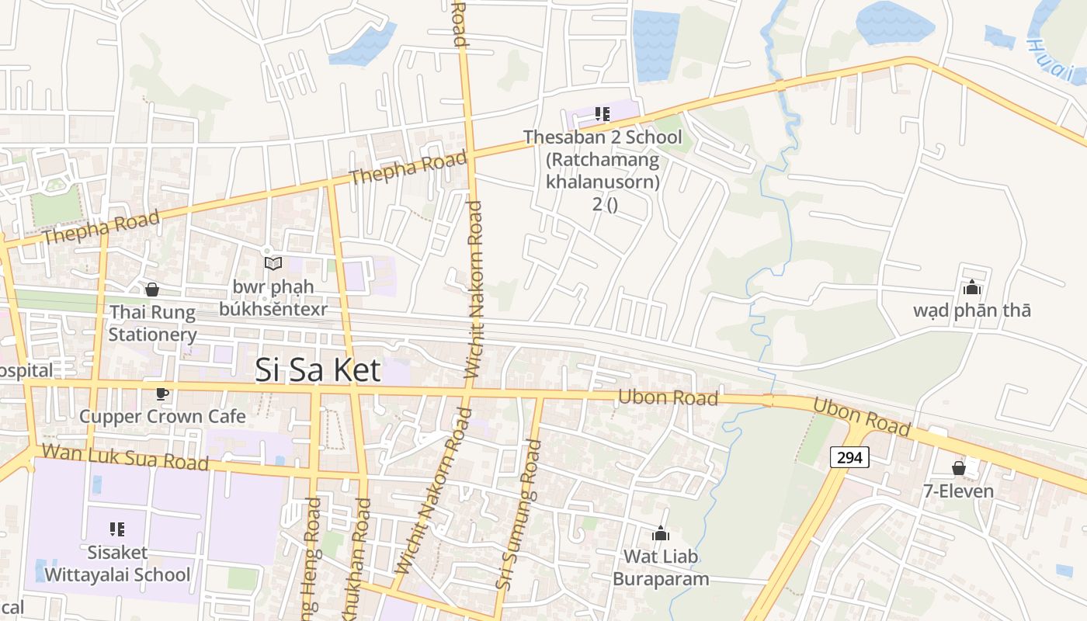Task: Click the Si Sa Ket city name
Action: [318, 370]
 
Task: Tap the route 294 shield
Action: [849, 458]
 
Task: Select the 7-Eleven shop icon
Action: [959, 468]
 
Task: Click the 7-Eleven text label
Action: [958, 491]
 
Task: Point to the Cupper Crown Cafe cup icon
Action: [161, 394]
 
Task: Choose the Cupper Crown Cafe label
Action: [162, 416]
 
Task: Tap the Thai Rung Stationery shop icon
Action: [152, 290]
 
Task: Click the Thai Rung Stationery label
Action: [152, 323]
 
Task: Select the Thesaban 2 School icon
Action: [602, 115]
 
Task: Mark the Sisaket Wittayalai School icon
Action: [117, 530]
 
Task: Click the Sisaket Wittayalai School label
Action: [117, 564]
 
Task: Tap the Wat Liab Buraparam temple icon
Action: [661, 533]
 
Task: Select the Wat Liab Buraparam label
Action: [661, 567]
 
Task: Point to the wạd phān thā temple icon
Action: [971, 288]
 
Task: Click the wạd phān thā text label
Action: [972, 310]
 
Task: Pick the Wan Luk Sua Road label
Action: [125, 457]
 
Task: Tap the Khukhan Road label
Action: [362, 559]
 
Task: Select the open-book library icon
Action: [273, 264]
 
